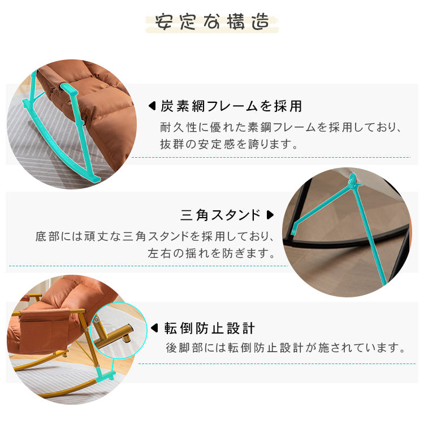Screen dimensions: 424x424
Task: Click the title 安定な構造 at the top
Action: click(x=212, y=23)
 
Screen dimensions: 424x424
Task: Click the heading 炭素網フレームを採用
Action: click(x=232, y=106)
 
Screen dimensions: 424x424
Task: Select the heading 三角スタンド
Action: click(x=221, y=215)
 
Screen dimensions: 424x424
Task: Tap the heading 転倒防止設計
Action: click(x=210, y=328)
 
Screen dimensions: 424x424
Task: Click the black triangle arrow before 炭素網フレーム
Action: click(x=152, y=106)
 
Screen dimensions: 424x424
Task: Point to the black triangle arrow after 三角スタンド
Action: click(x=270, y=215)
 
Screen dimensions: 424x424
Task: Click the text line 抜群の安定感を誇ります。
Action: click(x=230, y=144)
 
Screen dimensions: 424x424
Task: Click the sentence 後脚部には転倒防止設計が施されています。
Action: click(x=285, y=347)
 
